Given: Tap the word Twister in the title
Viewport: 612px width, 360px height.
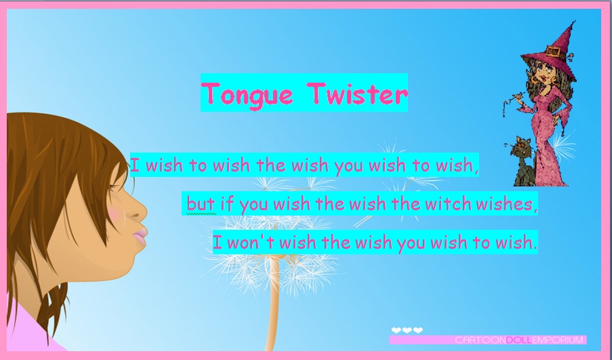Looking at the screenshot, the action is point(357,94).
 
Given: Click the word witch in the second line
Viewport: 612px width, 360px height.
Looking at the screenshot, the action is point(448,203).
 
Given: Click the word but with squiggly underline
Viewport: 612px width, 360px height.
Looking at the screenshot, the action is point(201,204).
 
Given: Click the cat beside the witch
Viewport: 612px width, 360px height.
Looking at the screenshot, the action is point(523,161).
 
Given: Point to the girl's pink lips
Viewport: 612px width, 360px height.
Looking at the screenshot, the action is point(140,235).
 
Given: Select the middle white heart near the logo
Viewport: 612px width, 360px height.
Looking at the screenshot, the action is point(407,330).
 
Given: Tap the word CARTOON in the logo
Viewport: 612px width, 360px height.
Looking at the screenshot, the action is point(481,340).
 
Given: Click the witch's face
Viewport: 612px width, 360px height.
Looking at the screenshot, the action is point(544,71).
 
